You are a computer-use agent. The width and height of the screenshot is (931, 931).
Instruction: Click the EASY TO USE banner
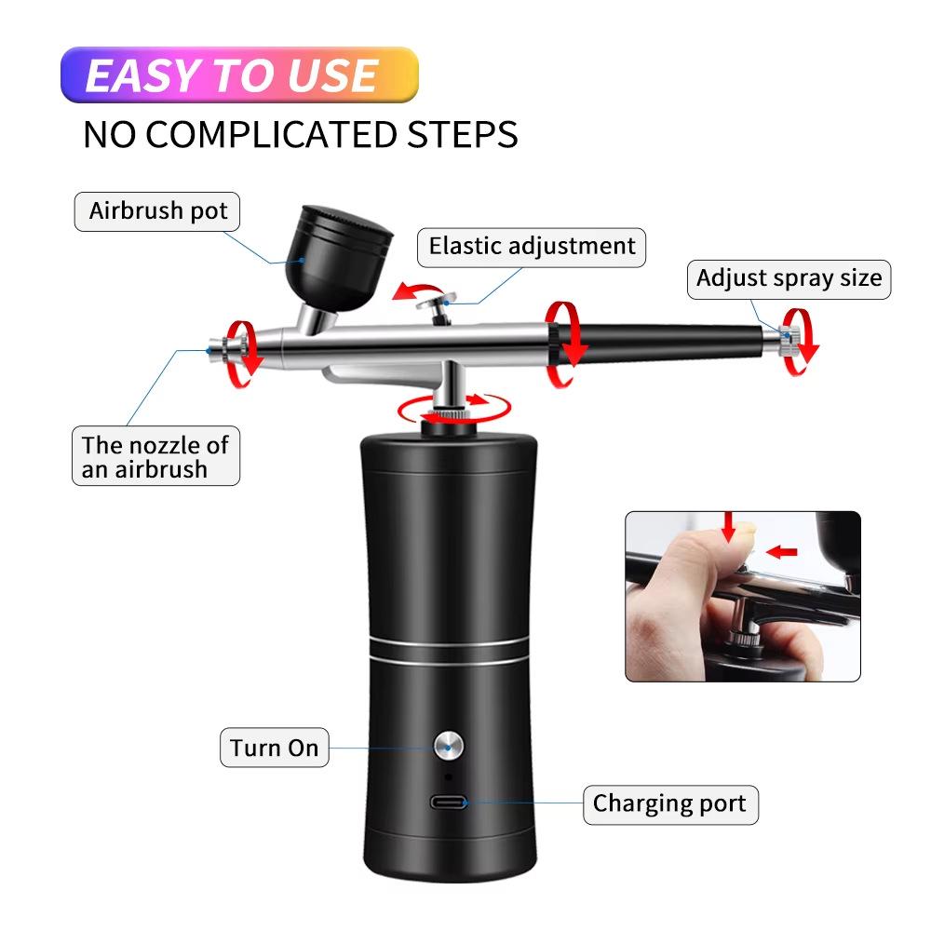pos(239,74)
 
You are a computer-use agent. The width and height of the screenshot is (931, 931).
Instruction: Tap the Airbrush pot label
pos(157,210)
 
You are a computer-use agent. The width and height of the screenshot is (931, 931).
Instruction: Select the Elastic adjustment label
pos(532,246)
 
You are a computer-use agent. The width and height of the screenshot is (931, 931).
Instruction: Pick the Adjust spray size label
pos(789,277)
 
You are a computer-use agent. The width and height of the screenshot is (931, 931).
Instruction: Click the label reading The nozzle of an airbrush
pos(155,455)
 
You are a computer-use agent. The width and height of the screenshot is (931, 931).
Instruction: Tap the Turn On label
pos(275,748)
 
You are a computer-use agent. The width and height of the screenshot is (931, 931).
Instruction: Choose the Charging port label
pos(669,803)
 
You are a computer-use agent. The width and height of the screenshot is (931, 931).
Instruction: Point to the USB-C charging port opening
pos(449,802)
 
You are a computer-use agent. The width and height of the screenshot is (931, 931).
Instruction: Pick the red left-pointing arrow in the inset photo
pos(783,552)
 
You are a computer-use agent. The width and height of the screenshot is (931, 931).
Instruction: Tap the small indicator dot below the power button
pos(448,776)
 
